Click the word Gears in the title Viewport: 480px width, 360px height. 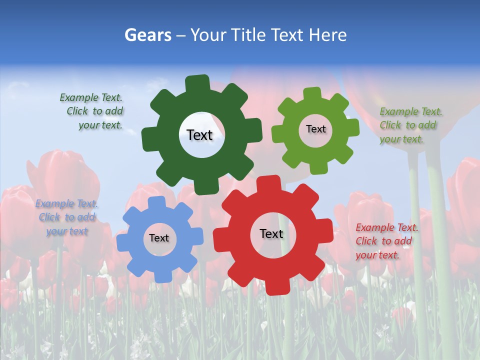[x=147, y=35]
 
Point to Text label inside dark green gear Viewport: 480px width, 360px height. [x=199, y=135]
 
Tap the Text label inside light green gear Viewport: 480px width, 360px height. [x=315, y=129]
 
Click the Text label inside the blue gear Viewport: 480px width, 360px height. [x=159, y=238]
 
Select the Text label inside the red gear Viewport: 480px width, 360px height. [x=271, y=233]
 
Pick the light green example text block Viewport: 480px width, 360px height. [x=410, y=125]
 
